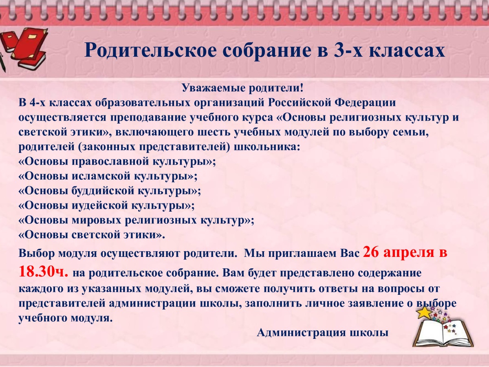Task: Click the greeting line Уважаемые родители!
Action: coord(242,88)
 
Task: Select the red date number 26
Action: coord(371,252)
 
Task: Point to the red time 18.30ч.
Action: coord(44,272)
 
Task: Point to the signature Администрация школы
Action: coord(323,333)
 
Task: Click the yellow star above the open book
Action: coord(424,312)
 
